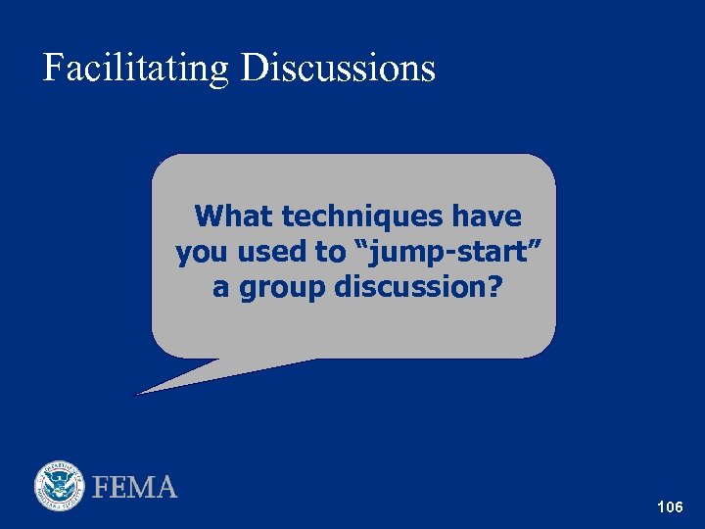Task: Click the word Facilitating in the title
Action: pyautogui.click(x=135, y=69)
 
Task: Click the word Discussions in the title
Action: pyautogui.click(x=338, y=69)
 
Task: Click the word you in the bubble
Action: pyautogui.click(x=200, y=253)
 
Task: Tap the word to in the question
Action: pyautogui.click(x=330, y=252)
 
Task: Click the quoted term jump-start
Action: pyautogui.click(x=446, y=252)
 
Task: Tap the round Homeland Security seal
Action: pyautogui.click(x=61, y=487)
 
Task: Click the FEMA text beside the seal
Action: pyautogui.click(x=135, y=487)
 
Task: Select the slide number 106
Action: pyautogui.click(x=671, y=507)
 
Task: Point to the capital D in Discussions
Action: pyautogui.click(x=253, y=69)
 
